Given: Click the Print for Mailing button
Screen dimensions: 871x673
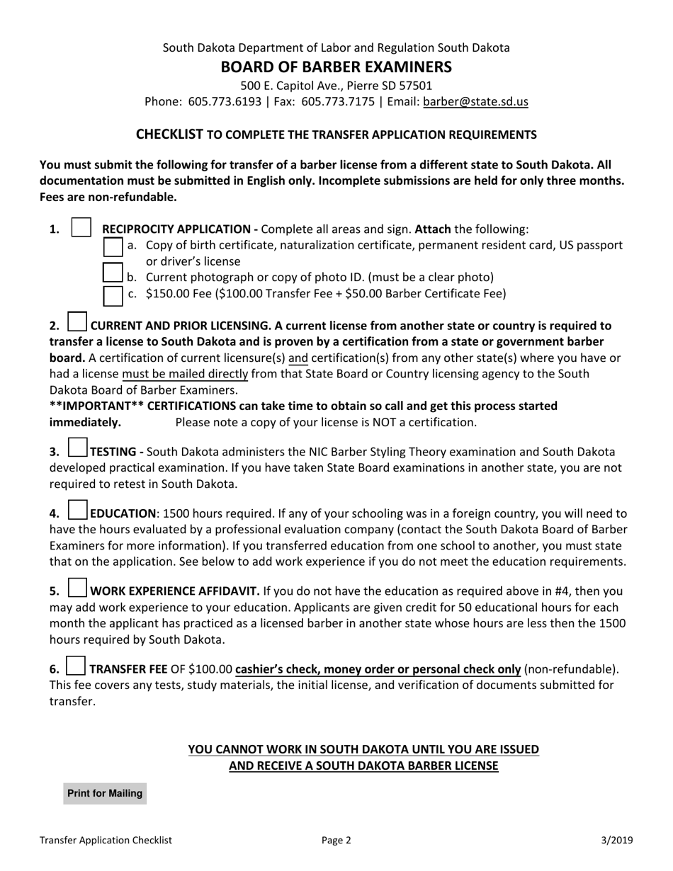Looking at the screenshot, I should (x=105, y=793).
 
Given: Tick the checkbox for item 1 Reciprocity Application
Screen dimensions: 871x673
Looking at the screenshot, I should (x=82, y=228).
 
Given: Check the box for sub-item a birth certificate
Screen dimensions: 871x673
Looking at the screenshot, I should (x=113, y=247).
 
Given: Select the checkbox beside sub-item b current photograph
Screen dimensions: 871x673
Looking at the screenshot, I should (x=113, y=272).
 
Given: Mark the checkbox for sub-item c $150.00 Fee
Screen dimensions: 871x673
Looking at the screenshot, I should (x=113, y=295).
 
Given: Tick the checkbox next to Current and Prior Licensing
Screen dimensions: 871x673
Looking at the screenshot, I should (x=77, y=322).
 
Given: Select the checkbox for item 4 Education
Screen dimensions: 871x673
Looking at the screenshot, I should (x=77, y=510).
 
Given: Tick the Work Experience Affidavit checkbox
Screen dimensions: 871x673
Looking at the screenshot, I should (x=77, y=588).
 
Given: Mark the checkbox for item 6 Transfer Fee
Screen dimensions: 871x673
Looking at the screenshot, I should (x=76, y=666).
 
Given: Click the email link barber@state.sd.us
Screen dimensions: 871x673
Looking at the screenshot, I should (x=475, y=101).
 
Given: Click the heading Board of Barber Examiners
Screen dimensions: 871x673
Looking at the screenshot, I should (x=336, y=67).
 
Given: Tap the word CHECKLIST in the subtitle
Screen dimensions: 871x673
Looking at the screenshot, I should (x=169, y=134).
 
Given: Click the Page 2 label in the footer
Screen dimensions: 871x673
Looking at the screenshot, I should (x=336, y=841).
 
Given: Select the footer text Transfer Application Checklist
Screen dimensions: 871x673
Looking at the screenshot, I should (x=106, y=841).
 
